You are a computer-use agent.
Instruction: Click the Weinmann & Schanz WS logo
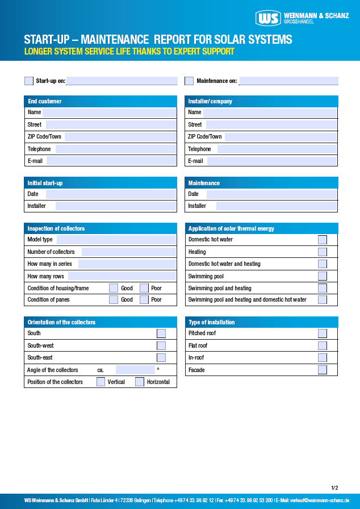268,18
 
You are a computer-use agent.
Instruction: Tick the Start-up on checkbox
29,81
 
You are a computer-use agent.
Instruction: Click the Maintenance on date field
288,81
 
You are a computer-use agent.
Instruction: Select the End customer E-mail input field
111,161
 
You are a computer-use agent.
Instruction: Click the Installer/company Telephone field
277,149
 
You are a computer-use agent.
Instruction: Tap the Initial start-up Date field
111,194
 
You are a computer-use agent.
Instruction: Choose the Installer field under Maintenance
276,206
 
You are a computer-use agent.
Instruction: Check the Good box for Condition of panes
114,299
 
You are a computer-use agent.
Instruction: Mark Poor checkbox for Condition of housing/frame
144,288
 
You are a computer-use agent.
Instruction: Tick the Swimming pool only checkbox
323,276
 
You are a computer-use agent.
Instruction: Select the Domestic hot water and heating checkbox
323,264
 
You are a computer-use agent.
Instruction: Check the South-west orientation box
161,345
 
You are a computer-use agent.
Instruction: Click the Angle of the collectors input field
135,370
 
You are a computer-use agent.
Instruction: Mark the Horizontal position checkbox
140,382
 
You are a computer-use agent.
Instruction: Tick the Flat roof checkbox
323,345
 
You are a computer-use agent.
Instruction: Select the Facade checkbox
323,370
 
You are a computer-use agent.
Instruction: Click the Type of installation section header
261,322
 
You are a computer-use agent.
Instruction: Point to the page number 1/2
334,487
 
